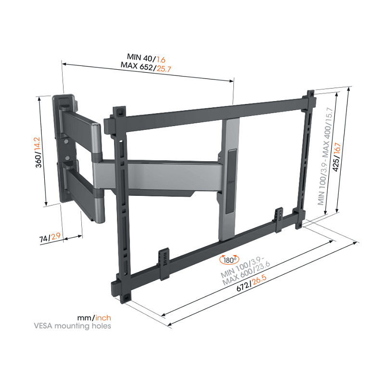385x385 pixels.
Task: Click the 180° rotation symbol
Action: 228,260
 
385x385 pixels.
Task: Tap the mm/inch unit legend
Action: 94,317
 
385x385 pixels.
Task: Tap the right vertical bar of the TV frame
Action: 304,159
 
